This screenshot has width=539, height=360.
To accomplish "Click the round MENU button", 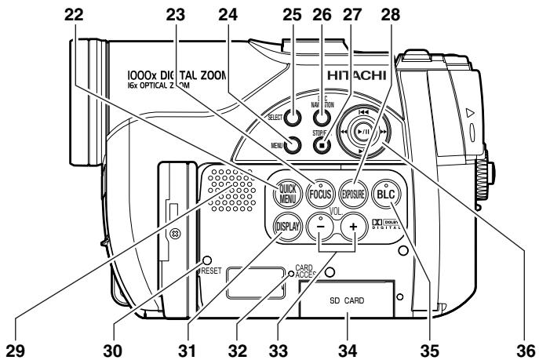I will point(293,144).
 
